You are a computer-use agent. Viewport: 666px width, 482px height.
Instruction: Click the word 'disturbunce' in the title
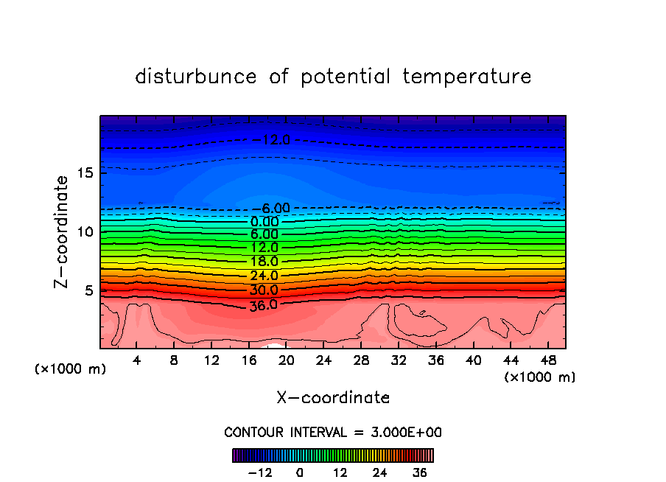click(196, 77)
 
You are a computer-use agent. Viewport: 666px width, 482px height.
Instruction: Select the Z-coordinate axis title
click(62, 231)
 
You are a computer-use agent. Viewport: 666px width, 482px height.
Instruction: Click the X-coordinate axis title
click(333, 398)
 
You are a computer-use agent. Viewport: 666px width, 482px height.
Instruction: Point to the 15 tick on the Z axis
click(84, 173)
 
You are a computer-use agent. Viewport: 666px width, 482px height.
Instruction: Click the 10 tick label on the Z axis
click(84, 231)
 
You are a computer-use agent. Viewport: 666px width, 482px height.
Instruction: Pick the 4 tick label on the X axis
click(137, 360)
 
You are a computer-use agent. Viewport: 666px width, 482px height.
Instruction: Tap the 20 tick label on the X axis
click(287, 360)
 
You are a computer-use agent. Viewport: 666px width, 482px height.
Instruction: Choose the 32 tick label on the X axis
click(399, 360)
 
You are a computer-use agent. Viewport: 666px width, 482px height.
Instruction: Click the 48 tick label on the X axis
click(548, 360)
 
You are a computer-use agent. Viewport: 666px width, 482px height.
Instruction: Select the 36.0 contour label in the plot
click(263, 304)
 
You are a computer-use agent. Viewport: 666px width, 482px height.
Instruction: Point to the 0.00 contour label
click(264, 221)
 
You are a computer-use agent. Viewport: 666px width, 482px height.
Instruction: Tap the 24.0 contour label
click(264, 276)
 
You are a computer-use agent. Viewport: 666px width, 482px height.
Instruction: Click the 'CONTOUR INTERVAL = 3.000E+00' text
click(333, 432)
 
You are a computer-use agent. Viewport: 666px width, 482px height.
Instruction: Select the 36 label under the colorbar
click(419, 472)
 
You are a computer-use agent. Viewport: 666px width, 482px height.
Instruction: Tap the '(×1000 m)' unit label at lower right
click(540, 377)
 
